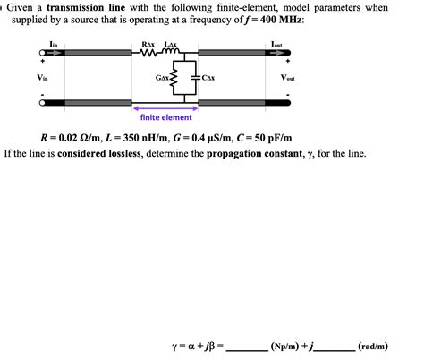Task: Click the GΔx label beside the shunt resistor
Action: (x=162, y=79)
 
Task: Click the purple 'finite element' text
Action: (x=165, y=117)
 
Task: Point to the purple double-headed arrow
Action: (x=165, y=107)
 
